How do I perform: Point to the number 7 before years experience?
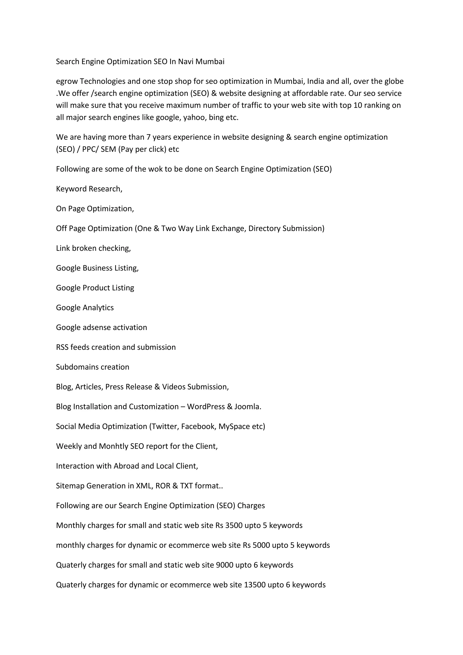point(148,137)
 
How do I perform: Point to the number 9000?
point(225,565)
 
